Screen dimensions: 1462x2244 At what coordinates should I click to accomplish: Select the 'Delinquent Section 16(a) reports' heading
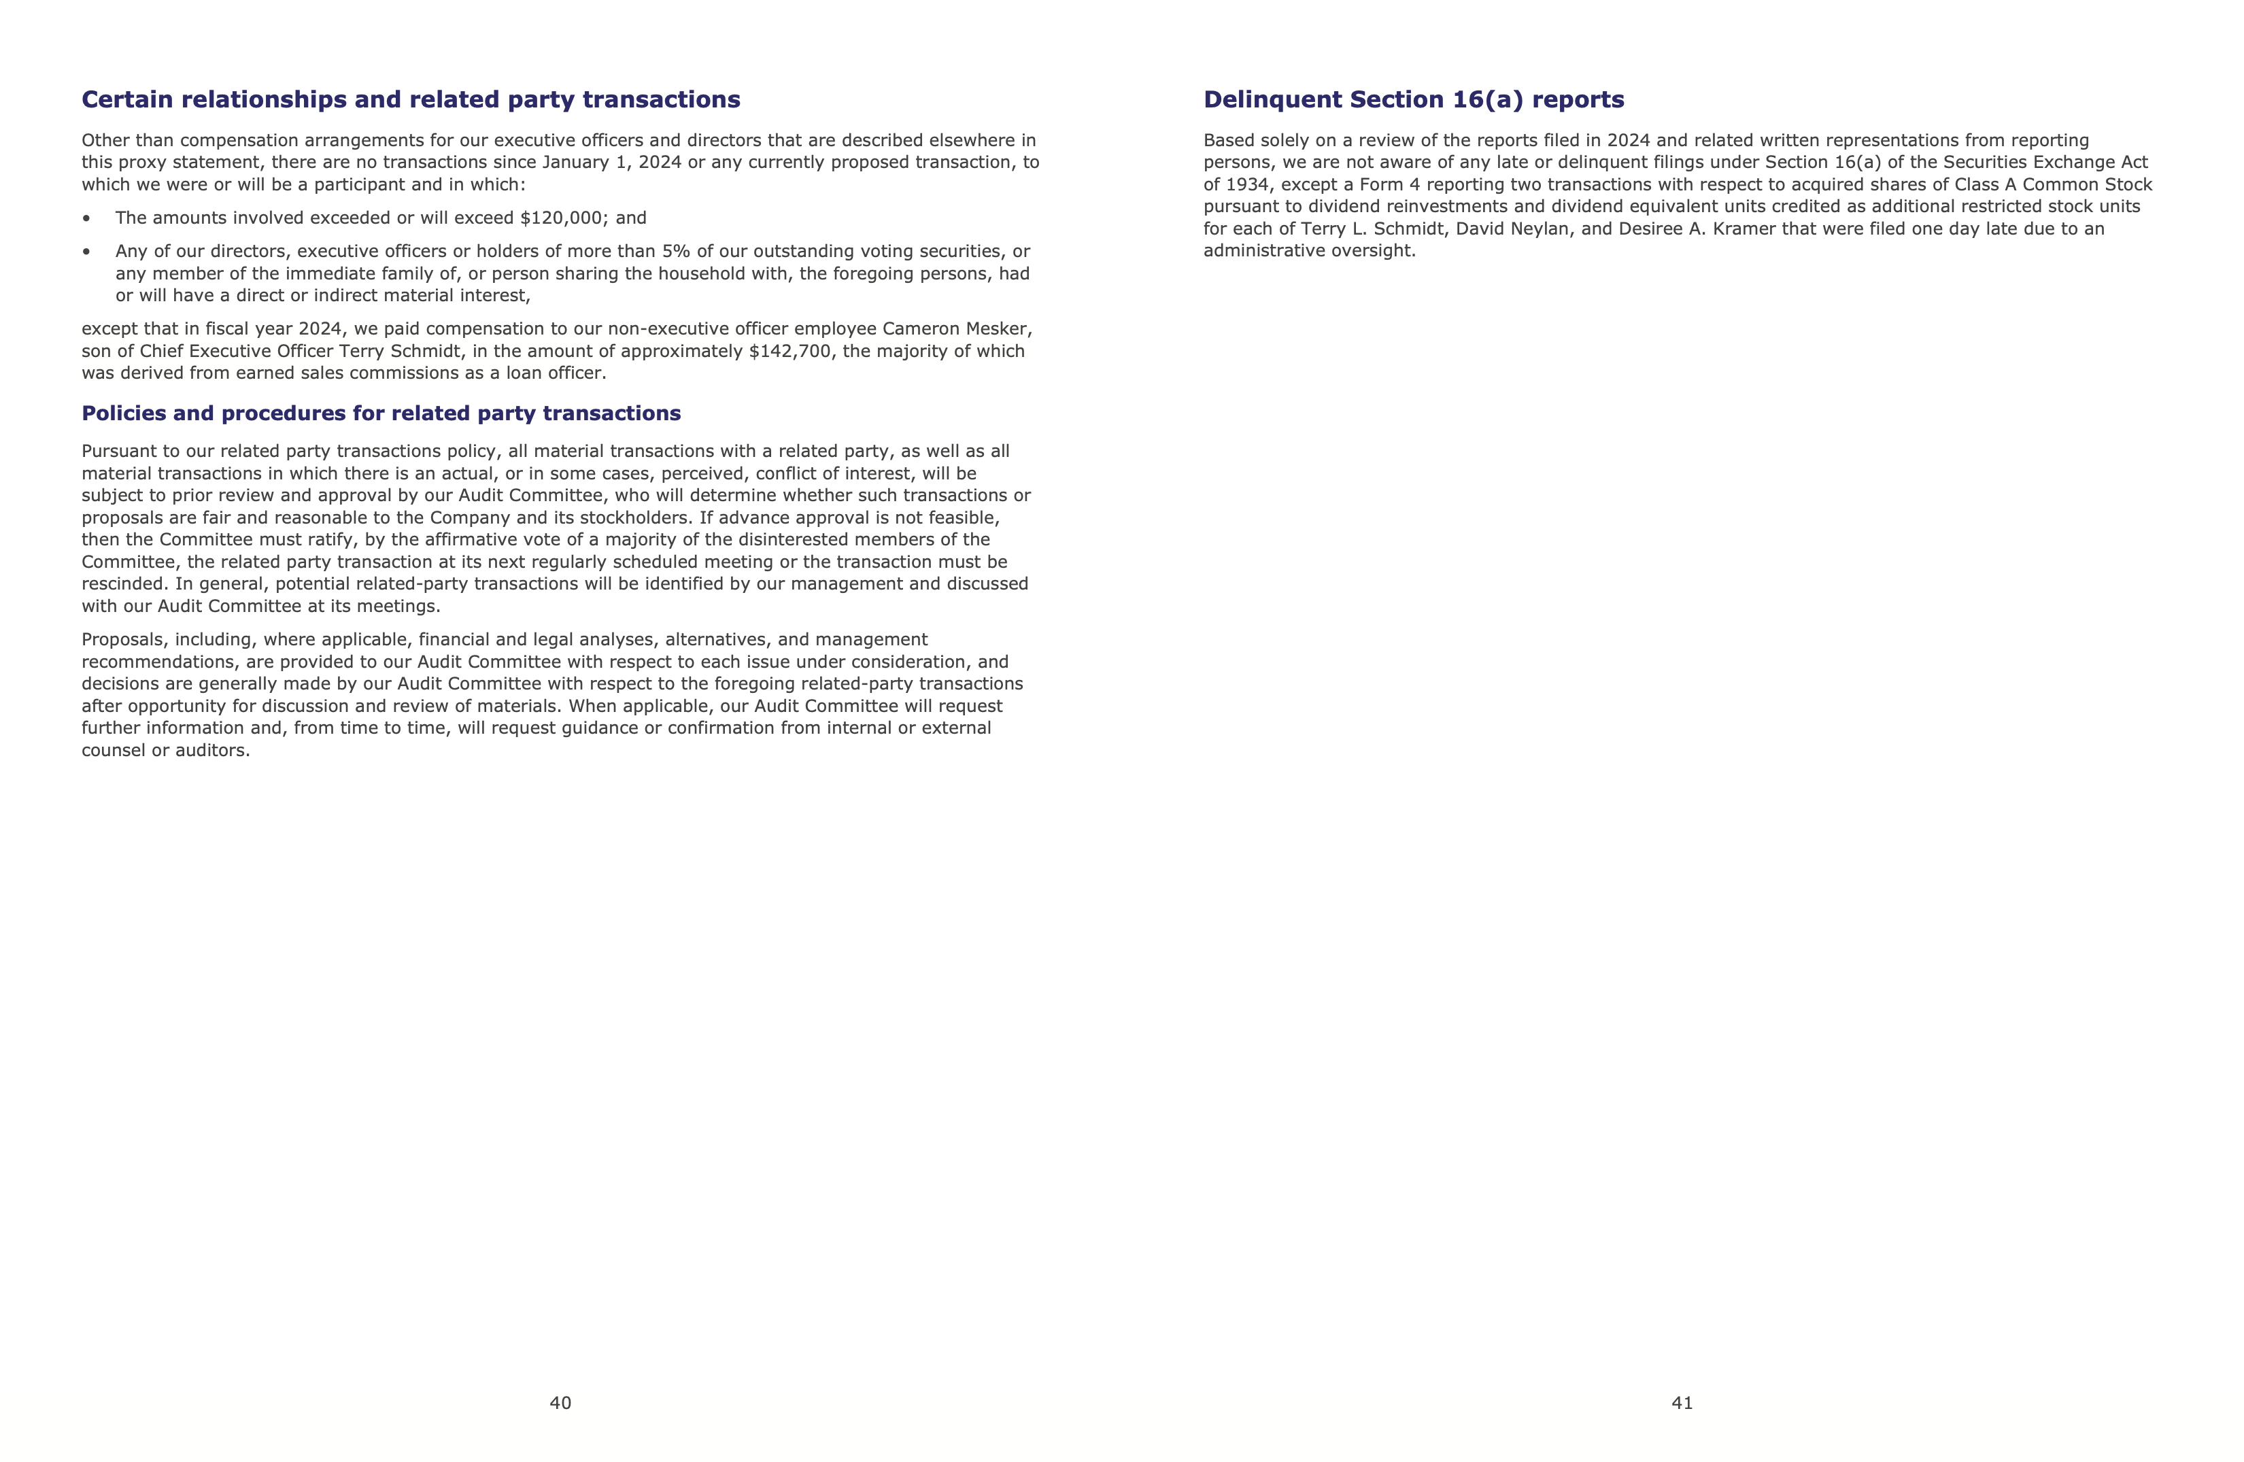click(x=1413, y=100)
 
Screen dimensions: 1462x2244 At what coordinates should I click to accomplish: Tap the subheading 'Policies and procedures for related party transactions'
click(x=381, y=414)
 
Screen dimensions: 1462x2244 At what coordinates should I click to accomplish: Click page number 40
click(x=560, y=1403)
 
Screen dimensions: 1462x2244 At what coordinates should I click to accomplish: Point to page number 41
click(x=1682, y=1403)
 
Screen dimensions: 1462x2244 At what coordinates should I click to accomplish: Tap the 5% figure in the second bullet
click(x=677, y=252)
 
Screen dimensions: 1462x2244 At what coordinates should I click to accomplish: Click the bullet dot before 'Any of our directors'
click(x=87, y=252)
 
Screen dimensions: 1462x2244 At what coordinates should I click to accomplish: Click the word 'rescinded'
click(x=124, y=583)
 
